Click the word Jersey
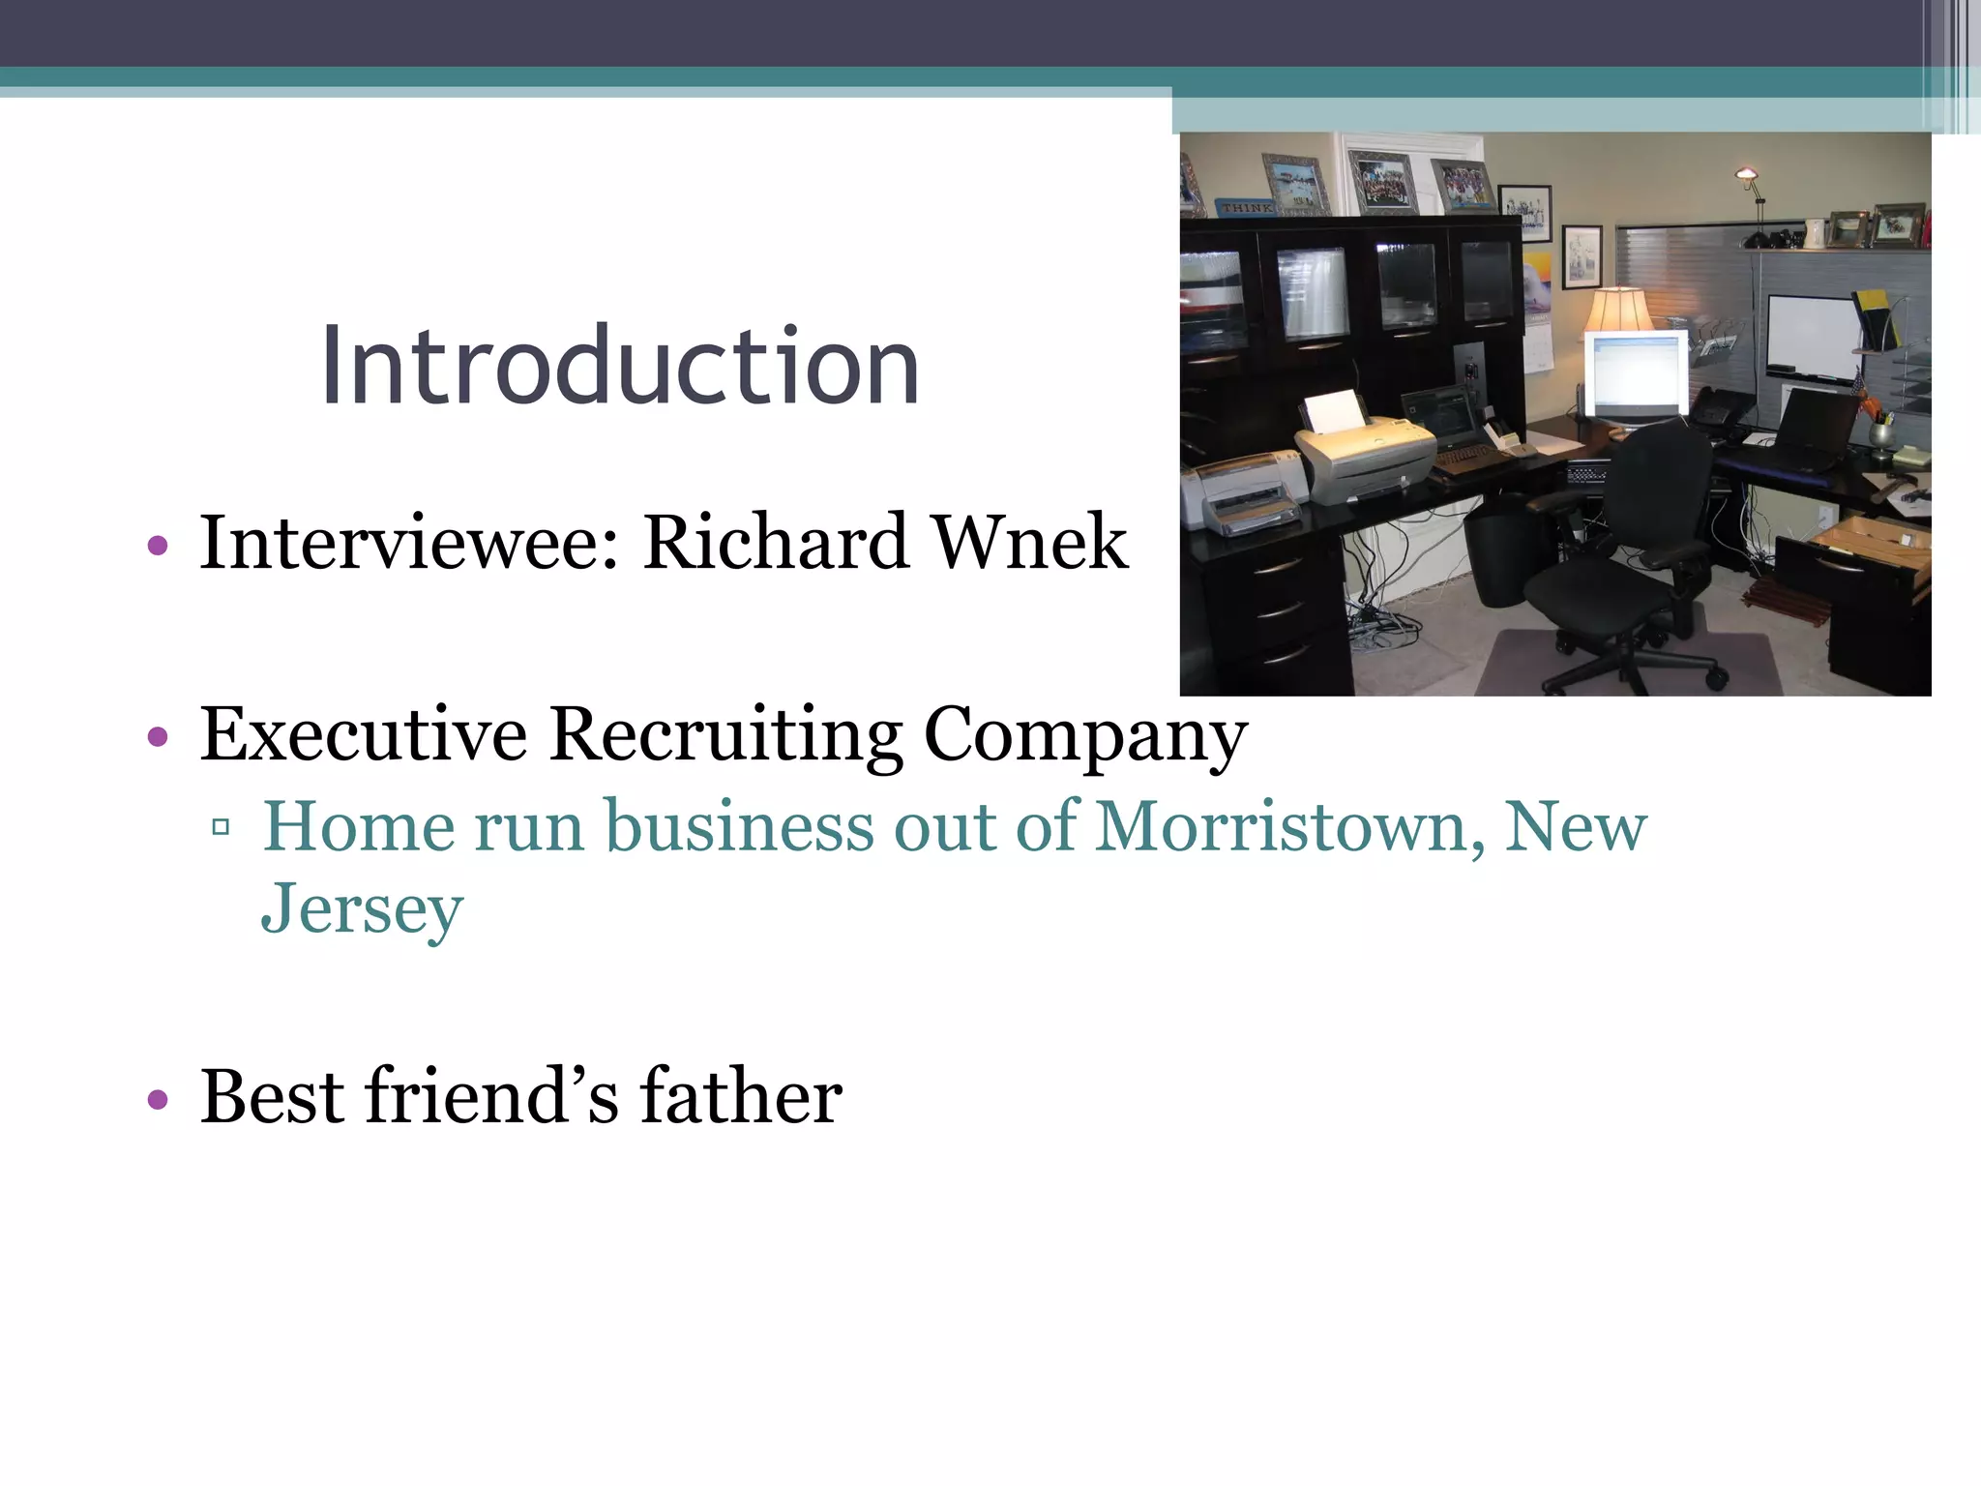click(x=362, y=909)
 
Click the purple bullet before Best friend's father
click(x=158, y=1100)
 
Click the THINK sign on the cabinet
click(x=1246, y=207)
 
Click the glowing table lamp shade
click(x=1617, y=310)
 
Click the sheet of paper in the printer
click(x=1333, y=411)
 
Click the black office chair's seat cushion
click(x=1596, y=590)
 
